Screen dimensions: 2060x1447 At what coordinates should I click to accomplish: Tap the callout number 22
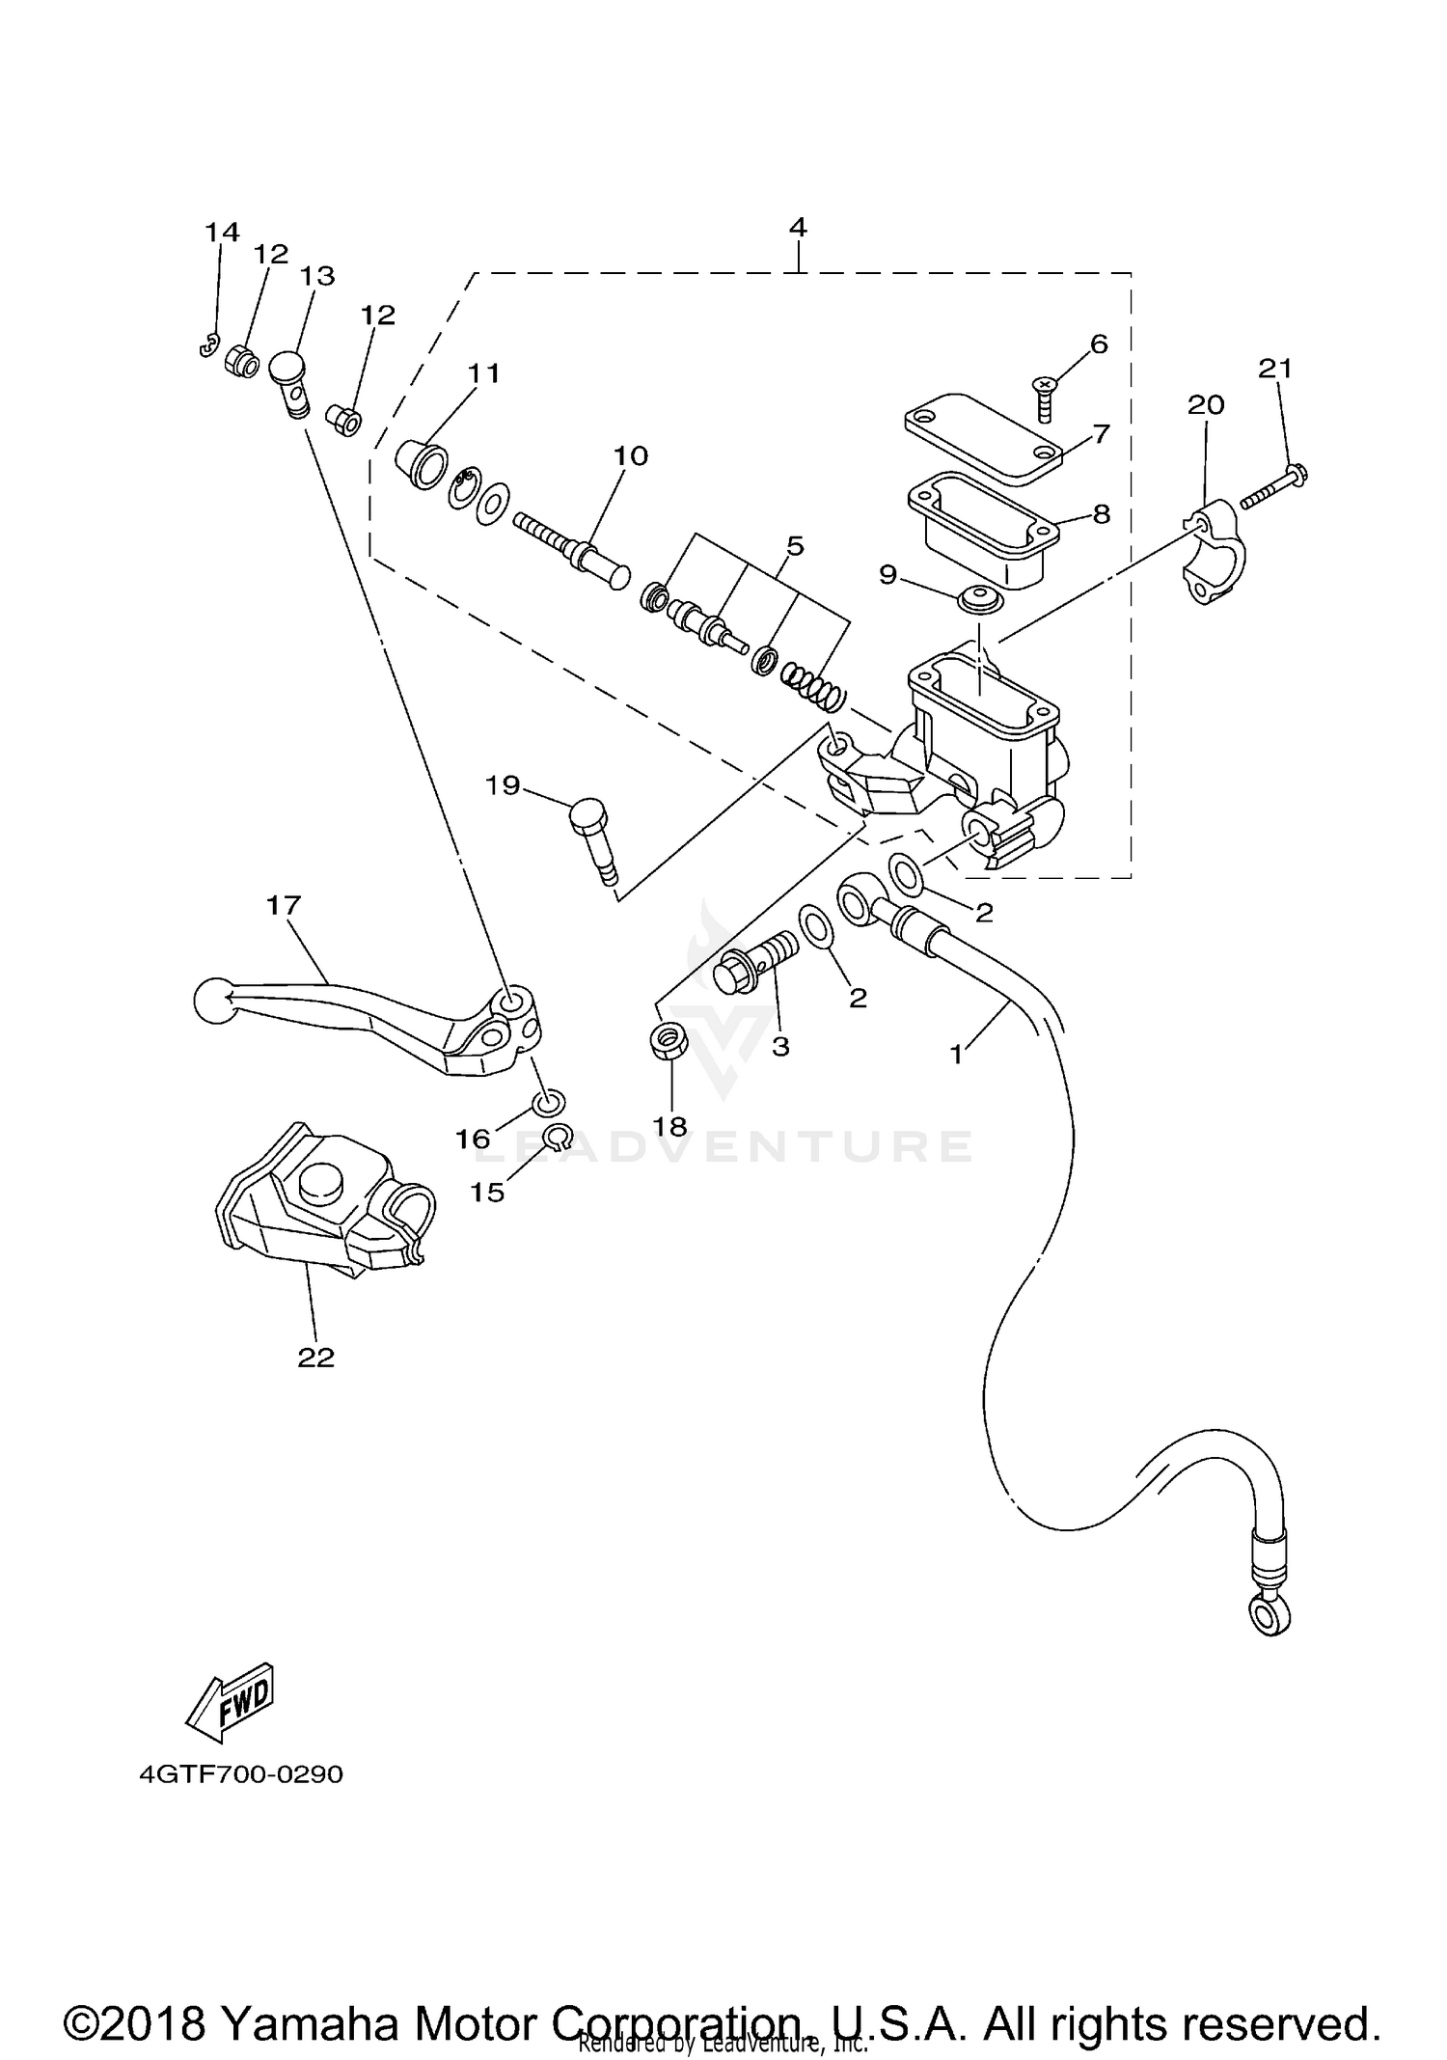tap(315, 1358)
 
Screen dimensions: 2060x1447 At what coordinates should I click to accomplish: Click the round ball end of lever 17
tap(212, 1001)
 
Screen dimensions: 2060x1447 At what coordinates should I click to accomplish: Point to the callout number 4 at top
tap(797, 227)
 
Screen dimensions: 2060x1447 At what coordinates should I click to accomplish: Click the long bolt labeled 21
tap(1275, 486)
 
